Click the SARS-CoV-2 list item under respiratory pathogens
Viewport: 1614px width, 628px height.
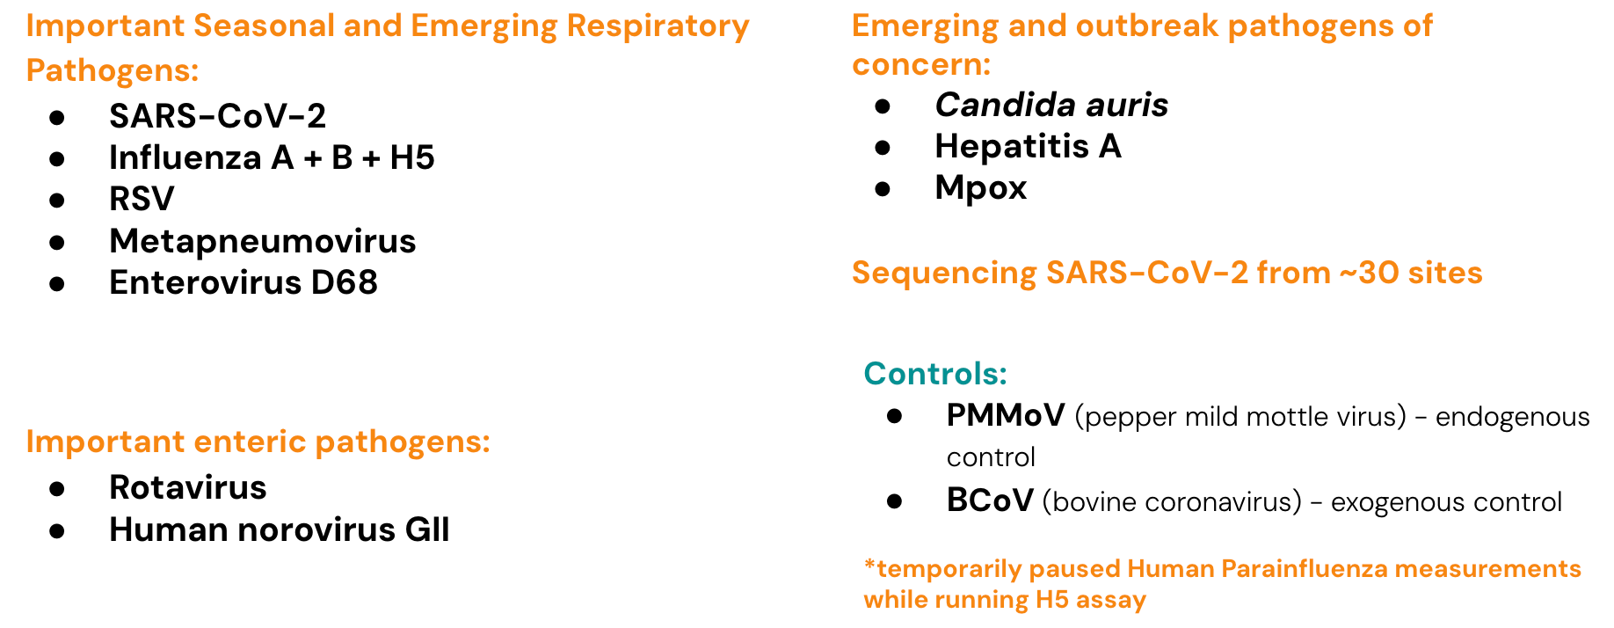pos(217,116)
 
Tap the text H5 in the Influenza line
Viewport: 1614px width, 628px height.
pos(412,157)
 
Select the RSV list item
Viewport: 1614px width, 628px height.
pos(142,199)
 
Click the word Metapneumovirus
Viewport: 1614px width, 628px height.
pos(263,241)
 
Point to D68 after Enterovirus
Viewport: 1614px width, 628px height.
pos(345,282)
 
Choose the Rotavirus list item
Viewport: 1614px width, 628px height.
pos(188,487)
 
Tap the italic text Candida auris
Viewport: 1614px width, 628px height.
pos(1051,105)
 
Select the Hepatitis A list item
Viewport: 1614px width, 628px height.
pos(1028,146)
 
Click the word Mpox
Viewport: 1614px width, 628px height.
pos(980,187)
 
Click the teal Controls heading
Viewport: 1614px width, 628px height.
pos(935,374)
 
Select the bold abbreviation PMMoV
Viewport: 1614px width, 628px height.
pos(1006,415)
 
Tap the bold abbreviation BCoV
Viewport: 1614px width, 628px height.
pos(990,500)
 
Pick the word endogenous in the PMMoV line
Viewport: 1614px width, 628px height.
pos(1513,417)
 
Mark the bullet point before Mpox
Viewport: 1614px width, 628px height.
pos(883,188)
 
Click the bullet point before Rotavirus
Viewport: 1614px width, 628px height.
pos(57,488)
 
